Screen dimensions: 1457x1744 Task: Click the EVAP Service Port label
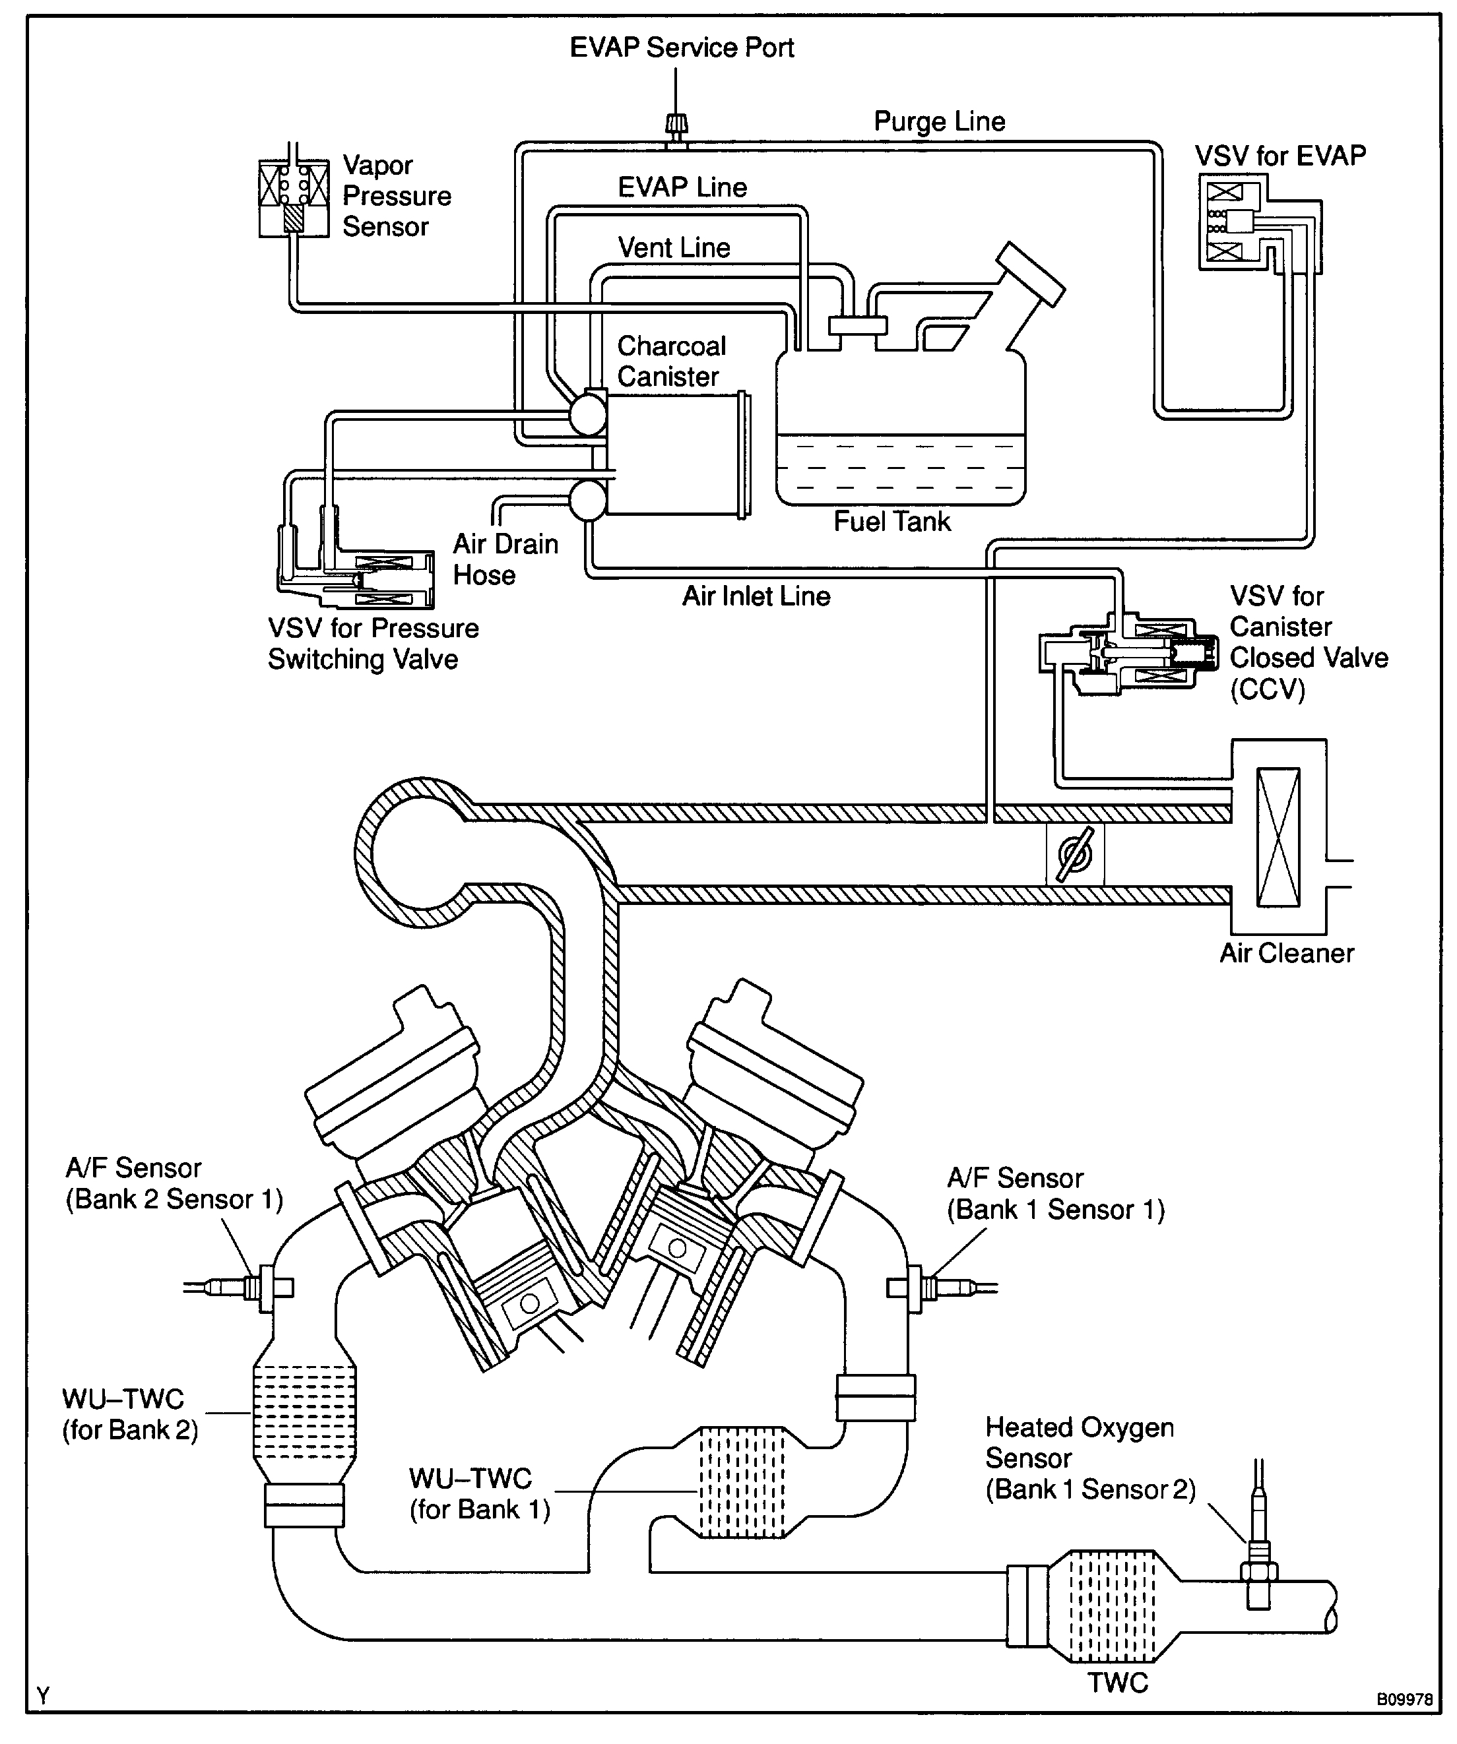pyautogui.click(x=682, y=47)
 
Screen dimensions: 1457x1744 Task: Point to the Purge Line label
pyautogui.click(x=940, y=121)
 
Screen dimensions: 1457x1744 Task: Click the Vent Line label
pyautogui.click(x=674, y=247)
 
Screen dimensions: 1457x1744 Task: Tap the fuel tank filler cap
pyautogui.click(x=1031, y=274)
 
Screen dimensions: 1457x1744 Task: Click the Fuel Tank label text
pyautogui.click(x=892, y=522)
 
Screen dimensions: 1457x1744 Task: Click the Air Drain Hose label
pyautogui.click(x=505, y=559)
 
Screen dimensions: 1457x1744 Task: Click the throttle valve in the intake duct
pyautogui.click(x=1075, y=854)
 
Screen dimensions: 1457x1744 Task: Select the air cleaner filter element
pyautogui.click(x=1278, y=837)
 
